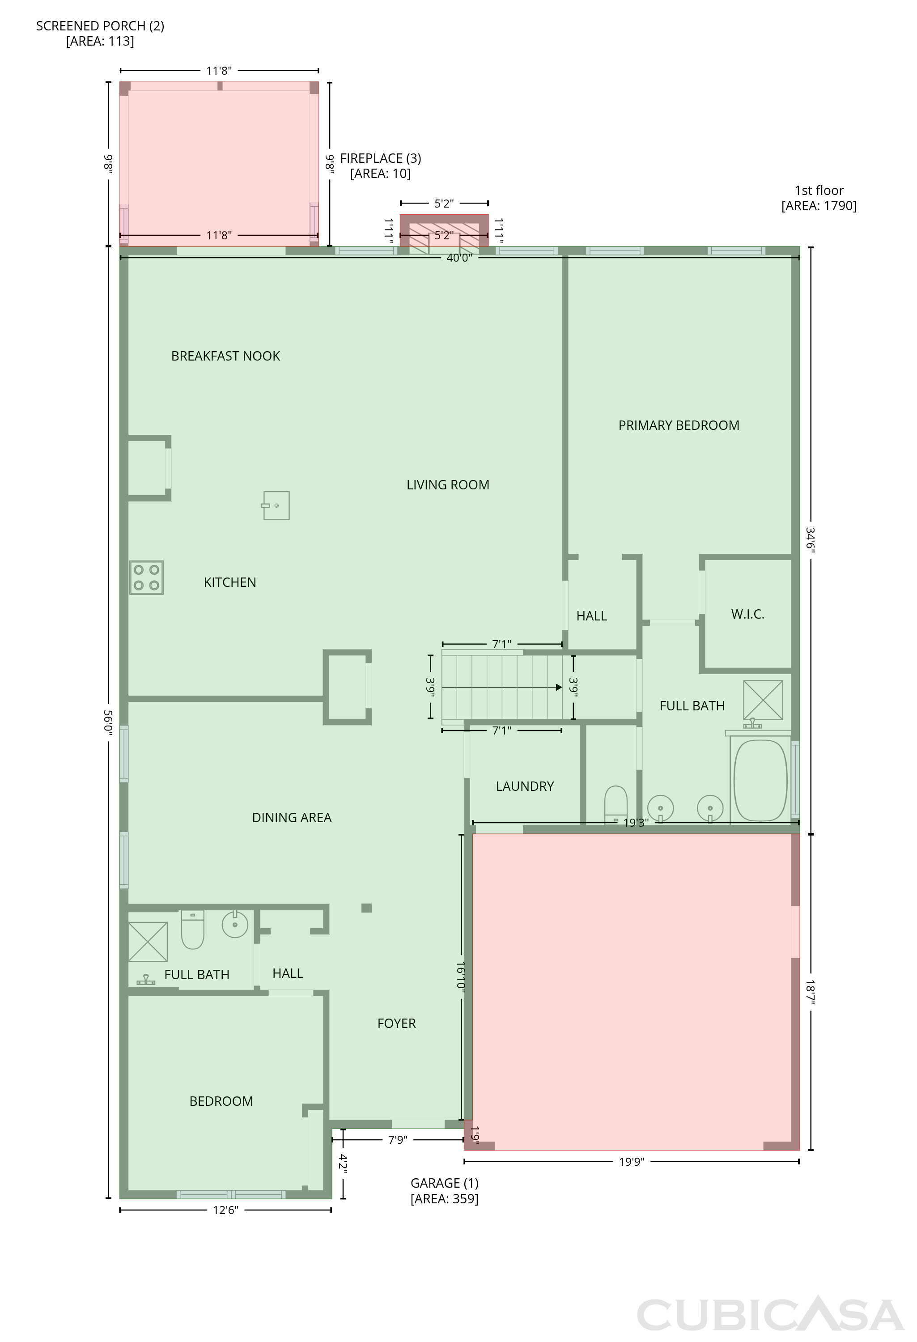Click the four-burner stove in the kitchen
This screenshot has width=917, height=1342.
click(x=146, y=578)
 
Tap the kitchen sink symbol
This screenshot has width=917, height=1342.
click(x=276, y=505)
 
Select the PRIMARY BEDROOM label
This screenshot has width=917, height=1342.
click(x=679, y=425)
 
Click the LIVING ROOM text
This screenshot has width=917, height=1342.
click(x=447, y=485)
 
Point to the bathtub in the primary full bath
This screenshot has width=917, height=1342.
click(x=760, y=780)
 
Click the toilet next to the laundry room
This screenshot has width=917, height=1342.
click(x=616, y=804)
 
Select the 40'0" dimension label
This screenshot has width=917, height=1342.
click(x=459, y=258)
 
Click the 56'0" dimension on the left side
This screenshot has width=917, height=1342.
click(x=108, y=722)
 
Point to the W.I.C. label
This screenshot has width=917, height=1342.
click(x=748, y=614)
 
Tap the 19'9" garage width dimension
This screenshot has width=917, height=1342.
click(x=632, y=1161)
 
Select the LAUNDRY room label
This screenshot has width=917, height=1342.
click(x=525, y=786)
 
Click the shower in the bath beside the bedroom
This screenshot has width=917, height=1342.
click(x=148, y=942)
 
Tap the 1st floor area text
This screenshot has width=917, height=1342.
click(x=819, y=198)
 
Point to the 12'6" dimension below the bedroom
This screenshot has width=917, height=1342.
click(x=225, y=1210)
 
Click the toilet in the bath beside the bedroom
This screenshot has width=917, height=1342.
click(x=193, y=929)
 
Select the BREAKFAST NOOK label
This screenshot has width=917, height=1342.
click(x=226, y=356)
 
